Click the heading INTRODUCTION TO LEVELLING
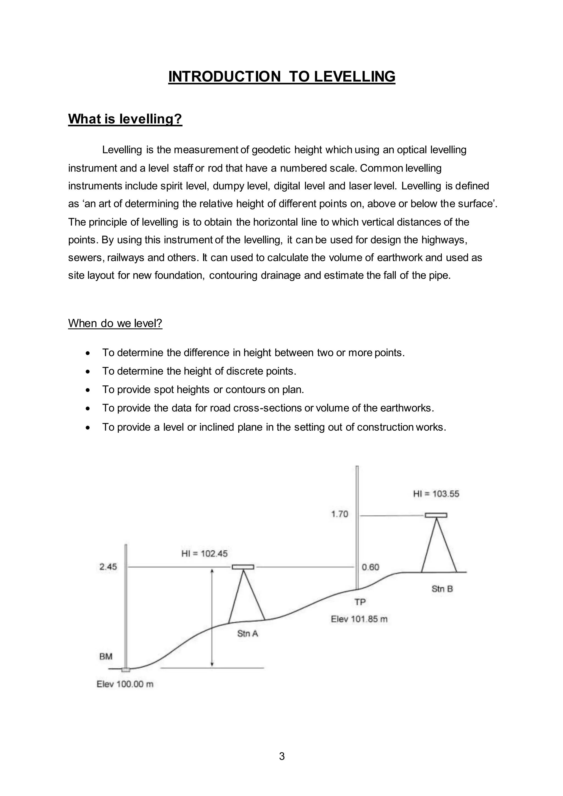pos(281,77)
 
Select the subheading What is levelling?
pos(125,119)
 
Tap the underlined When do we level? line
pos(115,323)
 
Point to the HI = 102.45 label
pos(205,554)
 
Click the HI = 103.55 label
pos(436,494)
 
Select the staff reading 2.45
pos(108,567)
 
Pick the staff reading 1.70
pos(340,514)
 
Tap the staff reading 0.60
pos(371,567)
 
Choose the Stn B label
pos(442,589)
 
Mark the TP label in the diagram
pos(360,602)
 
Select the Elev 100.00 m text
pos(125,684)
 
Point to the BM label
pos(106,656)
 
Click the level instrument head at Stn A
pos(243,567)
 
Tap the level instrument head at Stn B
pos(436,515)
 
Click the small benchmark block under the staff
pos(126,670)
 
